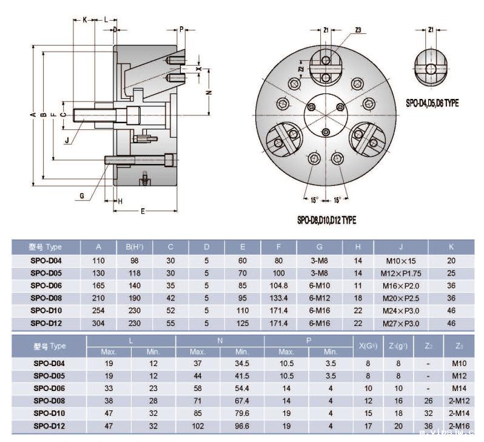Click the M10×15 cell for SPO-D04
click(400, 260)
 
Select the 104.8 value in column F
click(280, 285)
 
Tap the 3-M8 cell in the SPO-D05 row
click(320, 273)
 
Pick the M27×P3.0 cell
click(400, 324)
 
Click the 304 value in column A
click(98, 324)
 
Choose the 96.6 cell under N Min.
click(242, 426)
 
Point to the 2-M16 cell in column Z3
click(458, 426)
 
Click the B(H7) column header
click(134, 247)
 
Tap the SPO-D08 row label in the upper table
click(46, 298)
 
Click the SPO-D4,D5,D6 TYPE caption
click(432, 103)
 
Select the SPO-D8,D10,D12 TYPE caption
click(326, 220)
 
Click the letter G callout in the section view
click(81, 195)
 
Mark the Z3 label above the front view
click(358, 30)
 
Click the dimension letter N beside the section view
click(208, 93)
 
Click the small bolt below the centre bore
click(326, 132)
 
